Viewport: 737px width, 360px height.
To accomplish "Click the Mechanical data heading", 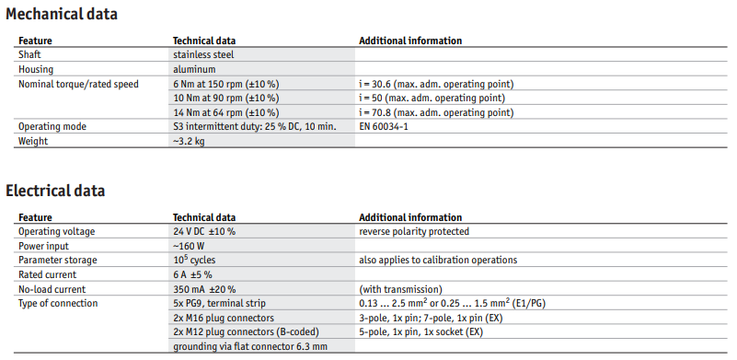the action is [62, 14].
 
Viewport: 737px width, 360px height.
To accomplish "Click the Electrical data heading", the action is [55, 191].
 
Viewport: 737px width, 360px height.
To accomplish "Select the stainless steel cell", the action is [203, 54].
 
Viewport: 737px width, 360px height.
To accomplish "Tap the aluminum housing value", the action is [194, 69].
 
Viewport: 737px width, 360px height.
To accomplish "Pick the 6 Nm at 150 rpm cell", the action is [226, 84].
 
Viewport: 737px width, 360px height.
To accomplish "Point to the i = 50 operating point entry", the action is [432, 99].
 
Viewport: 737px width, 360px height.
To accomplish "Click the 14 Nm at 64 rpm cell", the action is [226, 113].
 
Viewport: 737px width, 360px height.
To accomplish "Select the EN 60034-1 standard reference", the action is [384, 127].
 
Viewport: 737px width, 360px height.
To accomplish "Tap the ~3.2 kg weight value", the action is [189, 141].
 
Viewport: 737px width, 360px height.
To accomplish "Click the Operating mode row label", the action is [52, 126].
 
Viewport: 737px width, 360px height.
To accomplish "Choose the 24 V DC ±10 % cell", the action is [204, 231].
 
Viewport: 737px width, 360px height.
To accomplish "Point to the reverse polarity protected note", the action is [414, 231].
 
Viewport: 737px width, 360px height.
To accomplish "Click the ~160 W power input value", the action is [189, 246].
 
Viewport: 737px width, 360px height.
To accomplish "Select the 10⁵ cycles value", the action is [194, 260].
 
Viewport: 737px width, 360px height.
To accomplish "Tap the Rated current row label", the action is [48, 274].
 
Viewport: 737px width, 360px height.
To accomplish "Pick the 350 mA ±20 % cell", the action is [204, 289].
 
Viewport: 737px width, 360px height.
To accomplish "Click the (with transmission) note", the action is [400, 289].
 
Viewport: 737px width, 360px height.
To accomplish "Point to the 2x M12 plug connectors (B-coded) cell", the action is [247, 332].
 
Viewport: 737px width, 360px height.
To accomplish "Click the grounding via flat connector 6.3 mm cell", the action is [250, 347].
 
